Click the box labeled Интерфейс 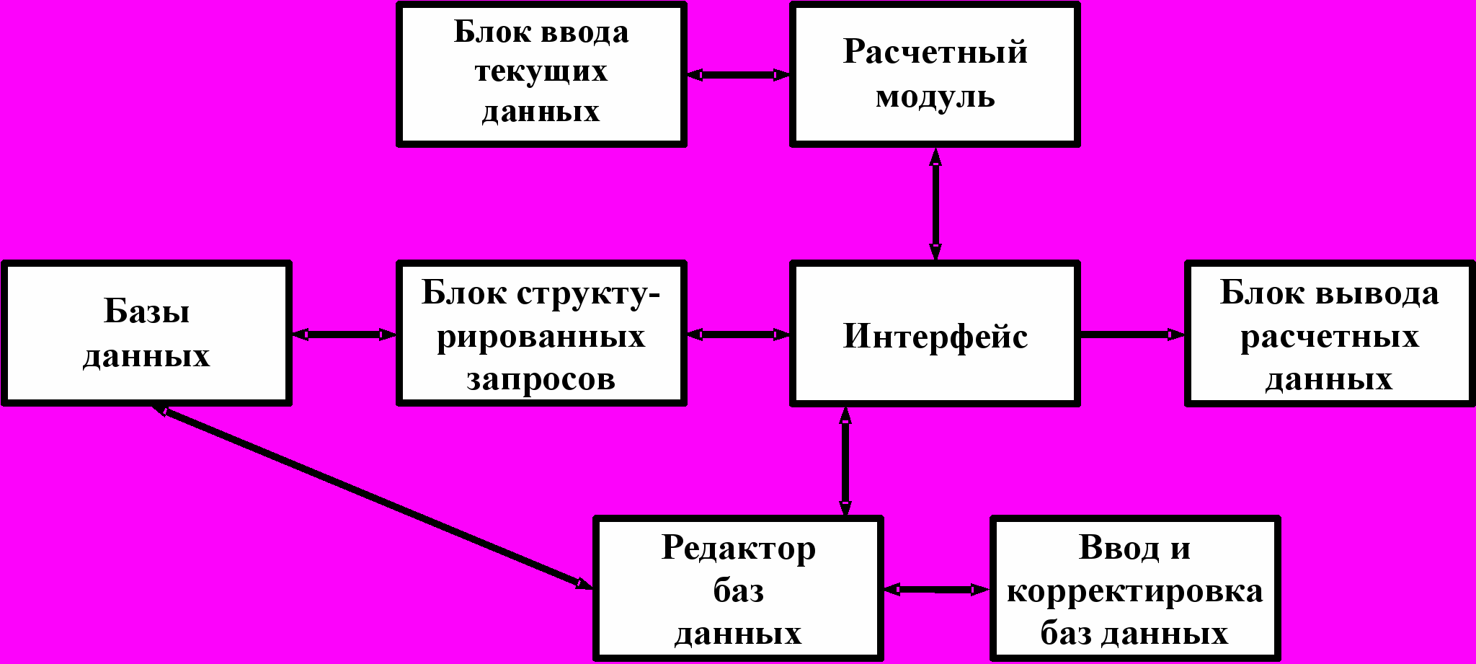click(935, 334)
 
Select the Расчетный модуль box click(935, 74)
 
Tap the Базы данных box click(146, 333)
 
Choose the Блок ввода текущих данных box click(541, 74)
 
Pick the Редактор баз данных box click(738, 588)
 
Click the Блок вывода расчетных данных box click(1329, 334)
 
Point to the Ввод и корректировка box click(1135, 588)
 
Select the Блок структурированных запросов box click(541, 333)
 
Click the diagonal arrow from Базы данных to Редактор click(372, 497)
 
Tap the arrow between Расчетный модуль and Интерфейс click(935, 204)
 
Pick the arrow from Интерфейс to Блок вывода click(1132, 334)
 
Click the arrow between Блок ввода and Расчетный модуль click(738, 75)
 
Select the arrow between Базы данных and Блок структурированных click(344, 334)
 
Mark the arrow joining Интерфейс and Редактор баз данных click(845, 461)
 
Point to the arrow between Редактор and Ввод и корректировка click(937, 590)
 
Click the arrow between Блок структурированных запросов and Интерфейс click(738, 334)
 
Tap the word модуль click(935, 97)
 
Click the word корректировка click(1135, 591)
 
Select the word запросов click(541, 379)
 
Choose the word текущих click(541, 72)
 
